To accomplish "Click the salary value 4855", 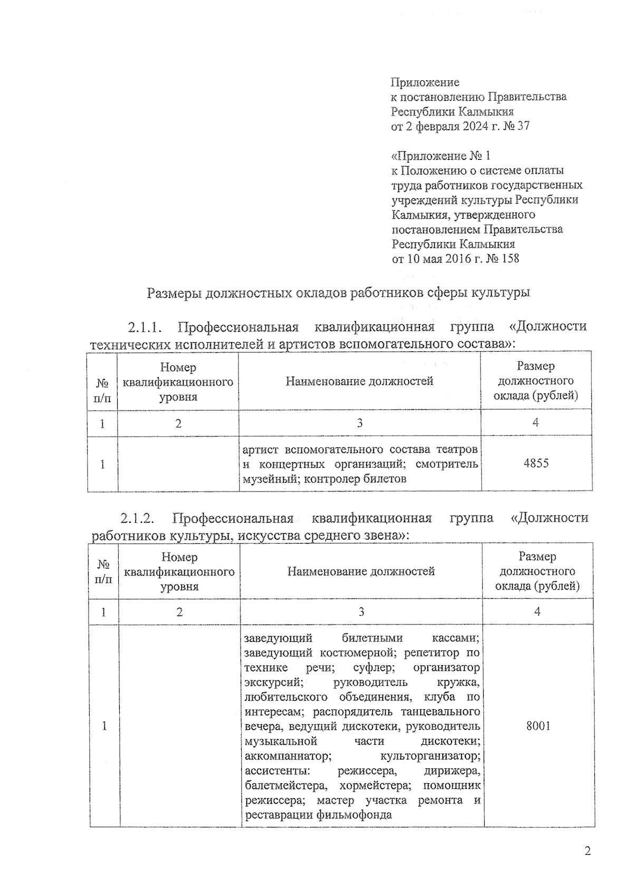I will [535, 464].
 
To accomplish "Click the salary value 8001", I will [538, 726].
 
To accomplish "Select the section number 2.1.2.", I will [137, 518].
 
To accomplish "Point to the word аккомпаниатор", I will [288, 756].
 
